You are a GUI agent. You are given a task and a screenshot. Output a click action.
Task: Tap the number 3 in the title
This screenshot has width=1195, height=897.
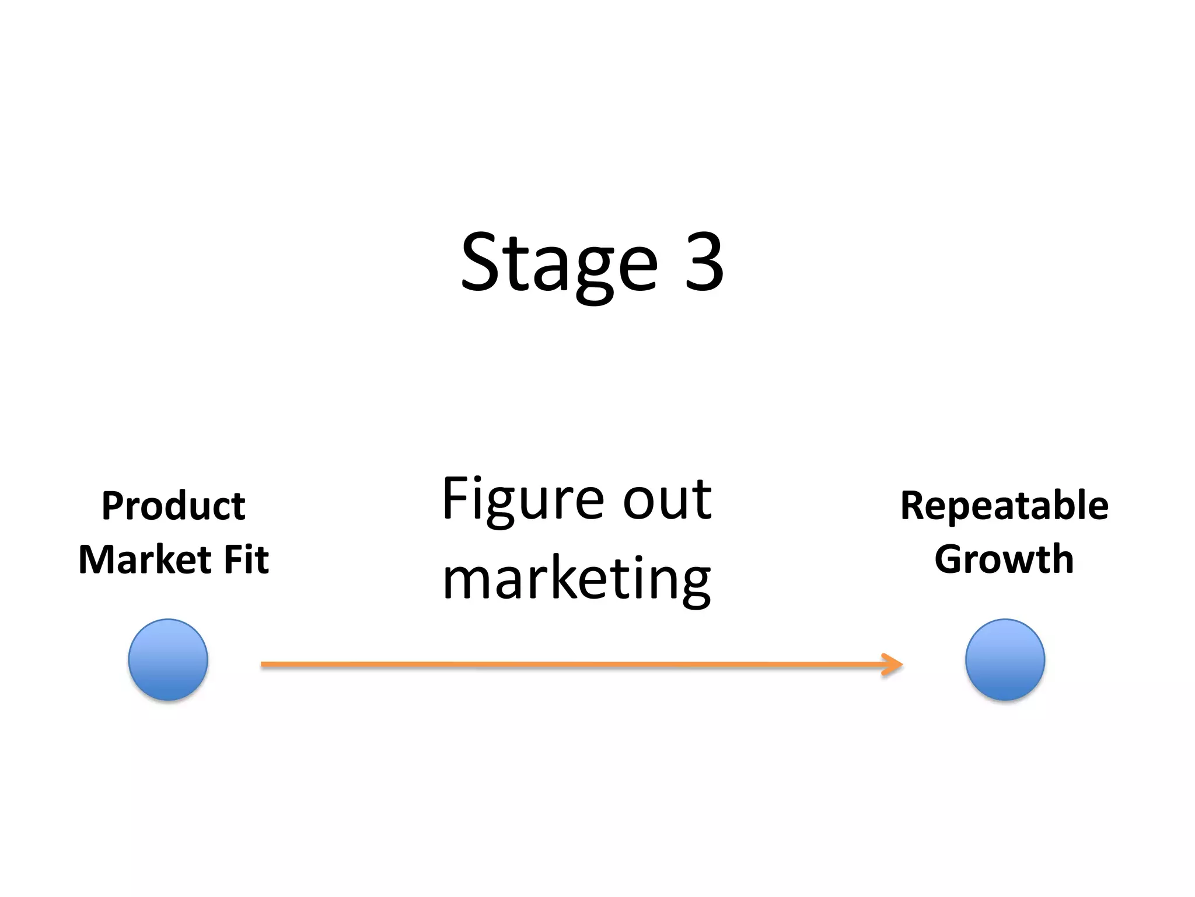704,263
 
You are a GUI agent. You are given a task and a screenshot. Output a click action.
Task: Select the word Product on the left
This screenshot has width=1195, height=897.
173,506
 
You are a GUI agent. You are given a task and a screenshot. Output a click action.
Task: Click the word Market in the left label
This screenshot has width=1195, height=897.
144,559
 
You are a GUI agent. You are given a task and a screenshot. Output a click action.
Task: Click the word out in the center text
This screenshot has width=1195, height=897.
667,500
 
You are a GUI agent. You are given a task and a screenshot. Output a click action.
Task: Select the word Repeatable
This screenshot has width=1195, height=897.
1004,506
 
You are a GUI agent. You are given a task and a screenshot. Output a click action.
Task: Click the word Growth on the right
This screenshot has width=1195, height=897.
1004,559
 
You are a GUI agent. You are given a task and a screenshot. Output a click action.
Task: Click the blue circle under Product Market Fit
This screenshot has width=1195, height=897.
168,660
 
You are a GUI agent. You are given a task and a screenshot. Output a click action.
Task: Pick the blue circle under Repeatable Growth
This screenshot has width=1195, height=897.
1005,660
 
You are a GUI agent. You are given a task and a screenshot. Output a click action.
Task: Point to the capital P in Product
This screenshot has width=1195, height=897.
113,506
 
